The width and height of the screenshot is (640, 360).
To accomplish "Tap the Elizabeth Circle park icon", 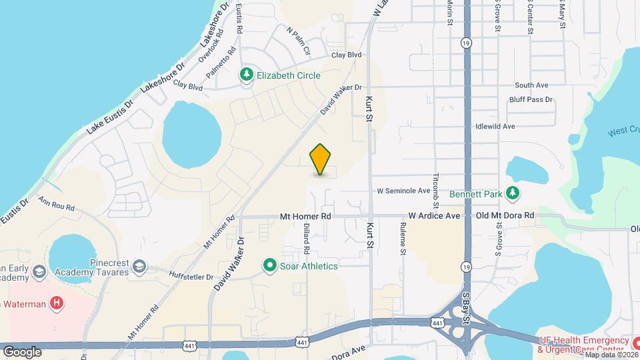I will point(247,75).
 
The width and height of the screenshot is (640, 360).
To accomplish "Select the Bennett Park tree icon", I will point(513,194).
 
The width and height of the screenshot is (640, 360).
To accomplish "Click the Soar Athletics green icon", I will point(270,266).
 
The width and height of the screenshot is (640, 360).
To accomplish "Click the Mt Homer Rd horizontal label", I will point(305,216).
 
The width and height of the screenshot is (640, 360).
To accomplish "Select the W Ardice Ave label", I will point(434,216).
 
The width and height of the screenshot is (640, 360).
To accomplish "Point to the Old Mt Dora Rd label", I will point(505,216).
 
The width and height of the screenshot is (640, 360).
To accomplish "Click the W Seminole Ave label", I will point(404,191).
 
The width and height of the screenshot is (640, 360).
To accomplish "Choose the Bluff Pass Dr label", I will point(531,100).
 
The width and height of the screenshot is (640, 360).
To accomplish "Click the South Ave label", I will point(531,85).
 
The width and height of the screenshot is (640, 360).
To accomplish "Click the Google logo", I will point(22,351).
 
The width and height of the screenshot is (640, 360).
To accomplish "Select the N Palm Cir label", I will point(299,40).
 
